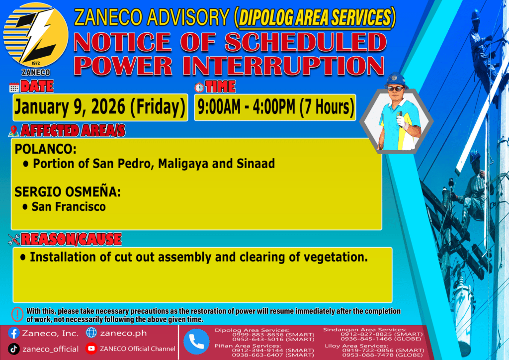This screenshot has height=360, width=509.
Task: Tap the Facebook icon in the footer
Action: (x=13, y=333)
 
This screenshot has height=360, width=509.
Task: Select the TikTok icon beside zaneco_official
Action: (x=13, y=349)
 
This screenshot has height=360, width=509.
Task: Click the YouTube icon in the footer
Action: (x=91, y=348)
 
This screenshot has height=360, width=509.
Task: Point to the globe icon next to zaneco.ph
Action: (x=91, y=333)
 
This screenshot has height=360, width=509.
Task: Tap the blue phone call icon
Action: (x=196, y=342)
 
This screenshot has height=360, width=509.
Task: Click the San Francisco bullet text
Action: (x=69, y=207)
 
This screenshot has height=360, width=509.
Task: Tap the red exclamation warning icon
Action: (x=17, y=314)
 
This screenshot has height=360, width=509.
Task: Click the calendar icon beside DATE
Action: (x=14, y=88)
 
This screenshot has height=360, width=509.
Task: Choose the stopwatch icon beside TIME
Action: (x=199, y=87)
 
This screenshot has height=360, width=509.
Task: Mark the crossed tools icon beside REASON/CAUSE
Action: (x=14, y=240)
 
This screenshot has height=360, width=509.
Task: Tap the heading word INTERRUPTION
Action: (x=283, y=66)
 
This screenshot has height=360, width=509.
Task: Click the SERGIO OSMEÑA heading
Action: (x=68, y=191)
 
